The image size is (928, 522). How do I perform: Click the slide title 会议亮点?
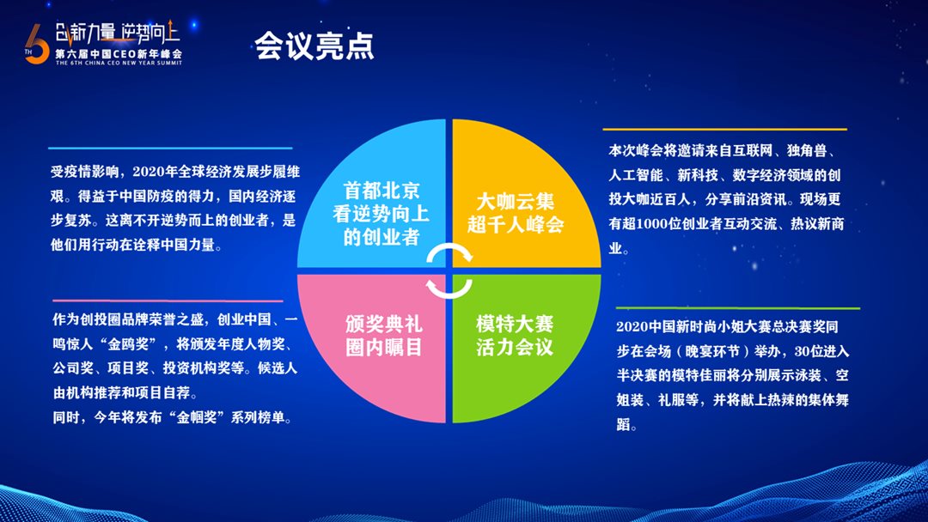pos(314,46)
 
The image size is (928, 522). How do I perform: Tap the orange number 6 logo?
pos(38,45)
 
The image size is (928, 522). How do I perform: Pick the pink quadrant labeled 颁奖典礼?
pos(372,349)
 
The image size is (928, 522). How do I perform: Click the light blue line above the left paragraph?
pos(170,148)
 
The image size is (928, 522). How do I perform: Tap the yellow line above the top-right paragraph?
pos(725,129)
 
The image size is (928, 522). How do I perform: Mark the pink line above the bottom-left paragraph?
pos(168,300)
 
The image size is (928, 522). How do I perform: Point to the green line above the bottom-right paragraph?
pos(738,308)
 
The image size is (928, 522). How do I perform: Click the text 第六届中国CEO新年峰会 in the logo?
pos(119,54)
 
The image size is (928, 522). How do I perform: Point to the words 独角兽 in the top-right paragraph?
pos(807,151)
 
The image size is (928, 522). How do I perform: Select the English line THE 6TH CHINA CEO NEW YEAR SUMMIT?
pos(119,63)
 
